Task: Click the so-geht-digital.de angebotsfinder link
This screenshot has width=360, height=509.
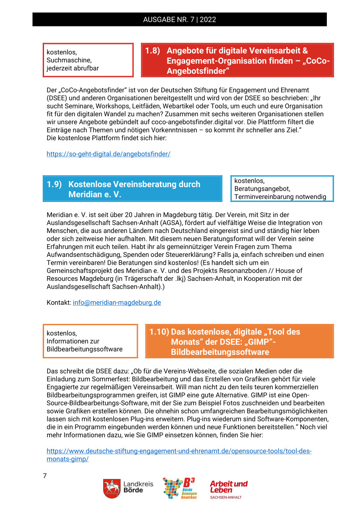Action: click(x=109, y=154)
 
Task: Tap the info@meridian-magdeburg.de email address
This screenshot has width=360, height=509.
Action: click(x=117, y=303)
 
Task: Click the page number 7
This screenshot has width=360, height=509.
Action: click(x=44, y=476)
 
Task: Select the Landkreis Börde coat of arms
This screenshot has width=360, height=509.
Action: click(x=111, y=488)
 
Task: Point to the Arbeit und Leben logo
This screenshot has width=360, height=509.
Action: click(x=228, y=489)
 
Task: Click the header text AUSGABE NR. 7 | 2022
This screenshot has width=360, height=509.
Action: click(x=180, y=20)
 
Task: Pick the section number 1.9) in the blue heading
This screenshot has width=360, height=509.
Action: click(x=54, y=184)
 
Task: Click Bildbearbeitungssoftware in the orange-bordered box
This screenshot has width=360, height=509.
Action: click(x=85, y=349)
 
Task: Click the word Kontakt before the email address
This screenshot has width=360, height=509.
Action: click(x=58, y=303)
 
